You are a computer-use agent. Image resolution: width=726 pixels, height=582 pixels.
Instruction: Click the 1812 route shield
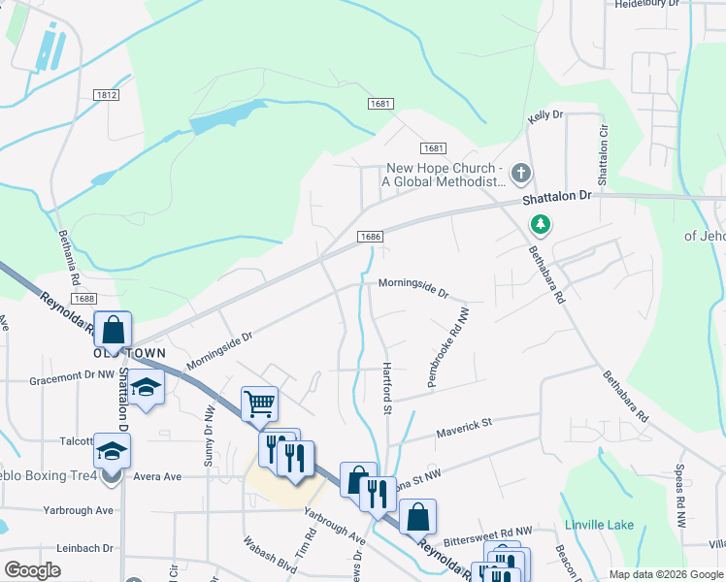107,94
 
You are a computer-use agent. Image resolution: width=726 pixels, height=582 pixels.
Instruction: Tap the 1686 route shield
369,237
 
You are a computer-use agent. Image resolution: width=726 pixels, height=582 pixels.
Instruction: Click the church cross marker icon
521,175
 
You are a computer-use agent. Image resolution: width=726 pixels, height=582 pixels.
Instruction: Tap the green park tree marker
541,225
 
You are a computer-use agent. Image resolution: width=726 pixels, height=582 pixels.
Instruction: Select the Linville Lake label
599,525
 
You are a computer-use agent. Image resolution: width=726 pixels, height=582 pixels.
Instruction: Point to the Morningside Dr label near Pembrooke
413,287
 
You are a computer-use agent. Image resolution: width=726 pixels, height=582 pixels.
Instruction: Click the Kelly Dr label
544,115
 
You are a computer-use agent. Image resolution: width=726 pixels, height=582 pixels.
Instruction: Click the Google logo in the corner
32,570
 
